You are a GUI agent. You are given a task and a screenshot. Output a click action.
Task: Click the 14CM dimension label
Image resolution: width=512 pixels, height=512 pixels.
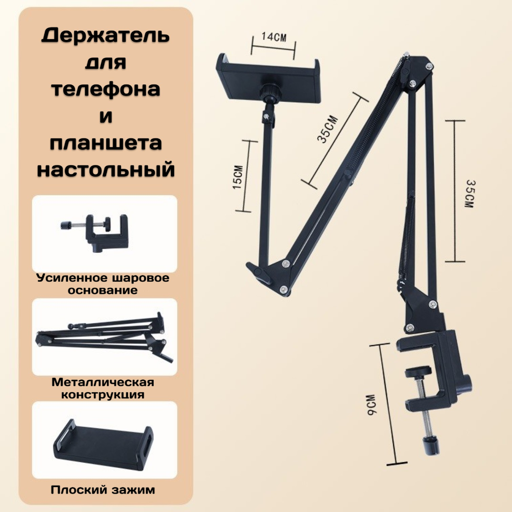(274, 37)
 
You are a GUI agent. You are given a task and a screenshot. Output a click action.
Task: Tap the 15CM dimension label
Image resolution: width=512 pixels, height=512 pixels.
(238, 177)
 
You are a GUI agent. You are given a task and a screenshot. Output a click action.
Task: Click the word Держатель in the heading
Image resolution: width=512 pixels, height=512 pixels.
(105, 36)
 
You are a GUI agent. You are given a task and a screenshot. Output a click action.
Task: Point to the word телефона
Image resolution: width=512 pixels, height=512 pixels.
(106, 89)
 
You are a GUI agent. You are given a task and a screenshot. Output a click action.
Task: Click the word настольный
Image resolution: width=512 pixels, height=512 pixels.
(106, 169)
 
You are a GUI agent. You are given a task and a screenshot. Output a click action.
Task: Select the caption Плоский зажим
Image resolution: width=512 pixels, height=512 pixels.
(103, 489)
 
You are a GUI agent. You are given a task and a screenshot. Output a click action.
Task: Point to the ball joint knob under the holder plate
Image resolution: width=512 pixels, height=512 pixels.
(270, 91)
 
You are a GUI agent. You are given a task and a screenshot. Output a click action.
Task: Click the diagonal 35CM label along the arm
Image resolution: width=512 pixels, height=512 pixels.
(327, 130)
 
